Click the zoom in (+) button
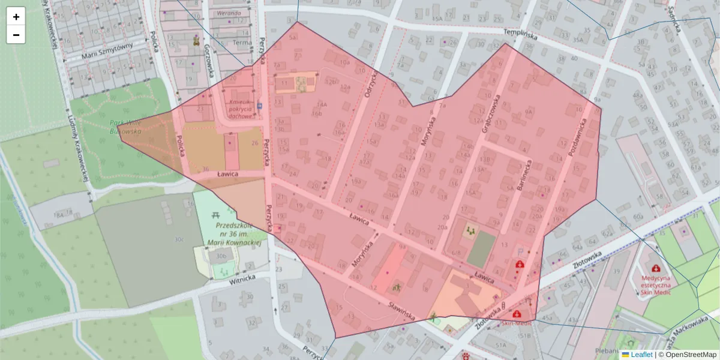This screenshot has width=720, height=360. [16, 17]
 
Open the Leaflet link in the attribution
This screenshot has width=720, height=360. [641, 355]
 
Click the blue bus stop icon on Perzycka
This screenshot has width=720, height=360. [259, 106]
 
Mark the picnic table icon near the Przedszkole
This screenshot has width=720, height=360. [214, 213]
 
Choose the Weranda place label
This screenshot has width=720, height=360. [229, 13]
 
